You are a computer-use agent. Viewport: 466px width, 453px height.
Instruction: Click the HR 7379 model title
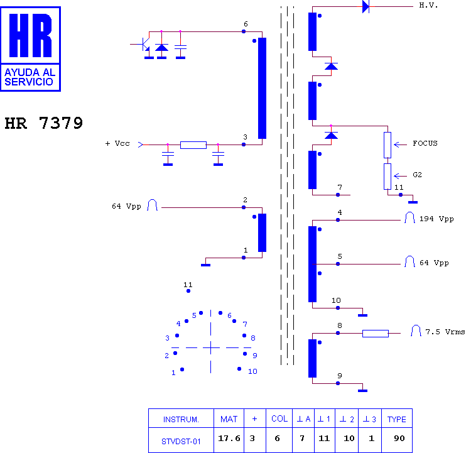pyautogui.click(x=44, y=123)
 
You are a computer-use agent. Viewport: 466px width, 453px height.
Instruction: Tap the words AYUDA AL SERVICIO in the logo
pyautogui.click(x=30, y=77)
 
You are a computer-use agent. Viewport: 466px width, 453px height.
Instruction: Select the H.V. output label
pyautogui.click(x=428, y=6)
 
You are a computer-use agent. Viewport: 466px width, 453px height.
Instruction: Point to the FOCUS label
pyautogui.click(x=425, y=144)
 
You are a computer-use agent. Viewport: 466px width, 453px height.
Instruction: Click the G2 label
pyautogui.click(x=417, y=175)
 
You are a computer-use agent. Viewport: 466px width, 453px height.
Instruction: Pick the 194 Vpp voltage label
pyautogui.click(x=436, y=219)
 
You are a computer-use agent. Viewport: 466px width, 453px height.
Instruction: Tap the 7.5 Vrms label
pyautogui.click(x=445, y=332)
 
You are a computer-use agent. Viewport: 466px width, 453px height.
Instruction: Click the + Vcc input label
pyautogui.click(x=117, y=144)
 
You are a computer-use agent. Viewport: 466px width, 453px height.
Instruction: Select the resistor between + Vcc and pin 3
pyautogui.click(x=193, y=145)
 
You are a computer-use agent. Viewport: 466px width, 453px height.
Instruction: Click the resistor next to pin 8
pyautogui.click(x=376, y=333)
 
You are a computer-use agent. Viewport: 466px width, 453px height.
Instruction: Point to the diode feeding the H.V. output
pyautogui.click(x=366, y=6)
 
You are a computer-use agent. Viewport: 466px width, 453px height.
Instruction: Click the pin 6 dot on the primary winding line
pyautogui.click(x=244, y=31)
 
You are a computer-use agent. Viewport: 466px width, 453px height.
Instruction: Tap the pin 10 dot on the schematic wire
pyautogui.click(x=338, y=308)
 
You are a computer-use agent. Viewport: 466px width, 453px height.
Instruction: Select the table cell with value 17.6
pyautogui.click(x=229, y=440)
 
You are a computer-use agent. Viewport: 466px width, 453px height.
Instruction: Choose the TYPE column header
pyautogui.click(x=397, y=418)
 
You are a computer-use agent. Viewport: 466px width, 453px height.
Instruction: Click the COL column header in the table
pyautogui.click(x=279, y=418)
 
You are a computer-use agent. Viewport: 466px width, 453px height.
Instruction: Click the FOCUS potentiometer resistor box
pyautogui.click(x=387, y=145)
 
